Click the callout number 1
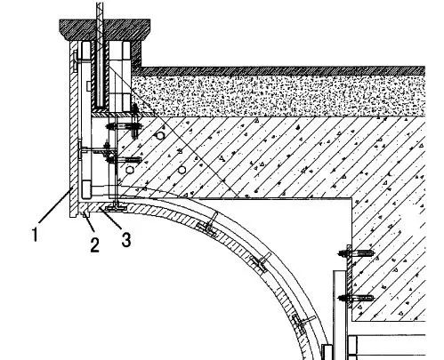pos(36,234)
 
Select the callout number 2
pos(94,244)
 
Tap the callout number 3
pos(126,239)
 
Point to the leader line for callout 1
pos(54,205)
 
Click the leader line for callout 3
pos(110,218)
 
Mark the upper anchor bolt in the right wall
pos(356,253)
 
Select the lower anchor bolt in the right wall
pos(356,298)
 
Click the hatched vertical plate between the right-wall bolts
pos(349,276)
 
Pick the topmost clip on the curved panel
pos(208,225)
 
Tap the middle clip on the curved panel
pos(261,262)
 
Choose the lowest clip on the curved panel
pos(302,324)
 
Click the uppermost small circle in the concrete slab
pos(160,136)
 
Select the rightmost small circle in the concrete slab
pos(182,170)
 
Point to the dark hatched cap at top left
pos(104,29)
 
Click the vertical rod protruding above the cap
pos(101,10)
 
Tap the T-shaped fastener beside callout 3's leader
pos(116,206)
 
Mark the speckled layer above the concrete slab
pos(279,96)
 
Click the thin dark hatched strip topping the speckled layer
pos(282,71)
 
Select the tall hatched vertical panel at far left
pos(73,129)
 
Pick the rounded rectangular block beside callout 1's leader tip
pos(86,189)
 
